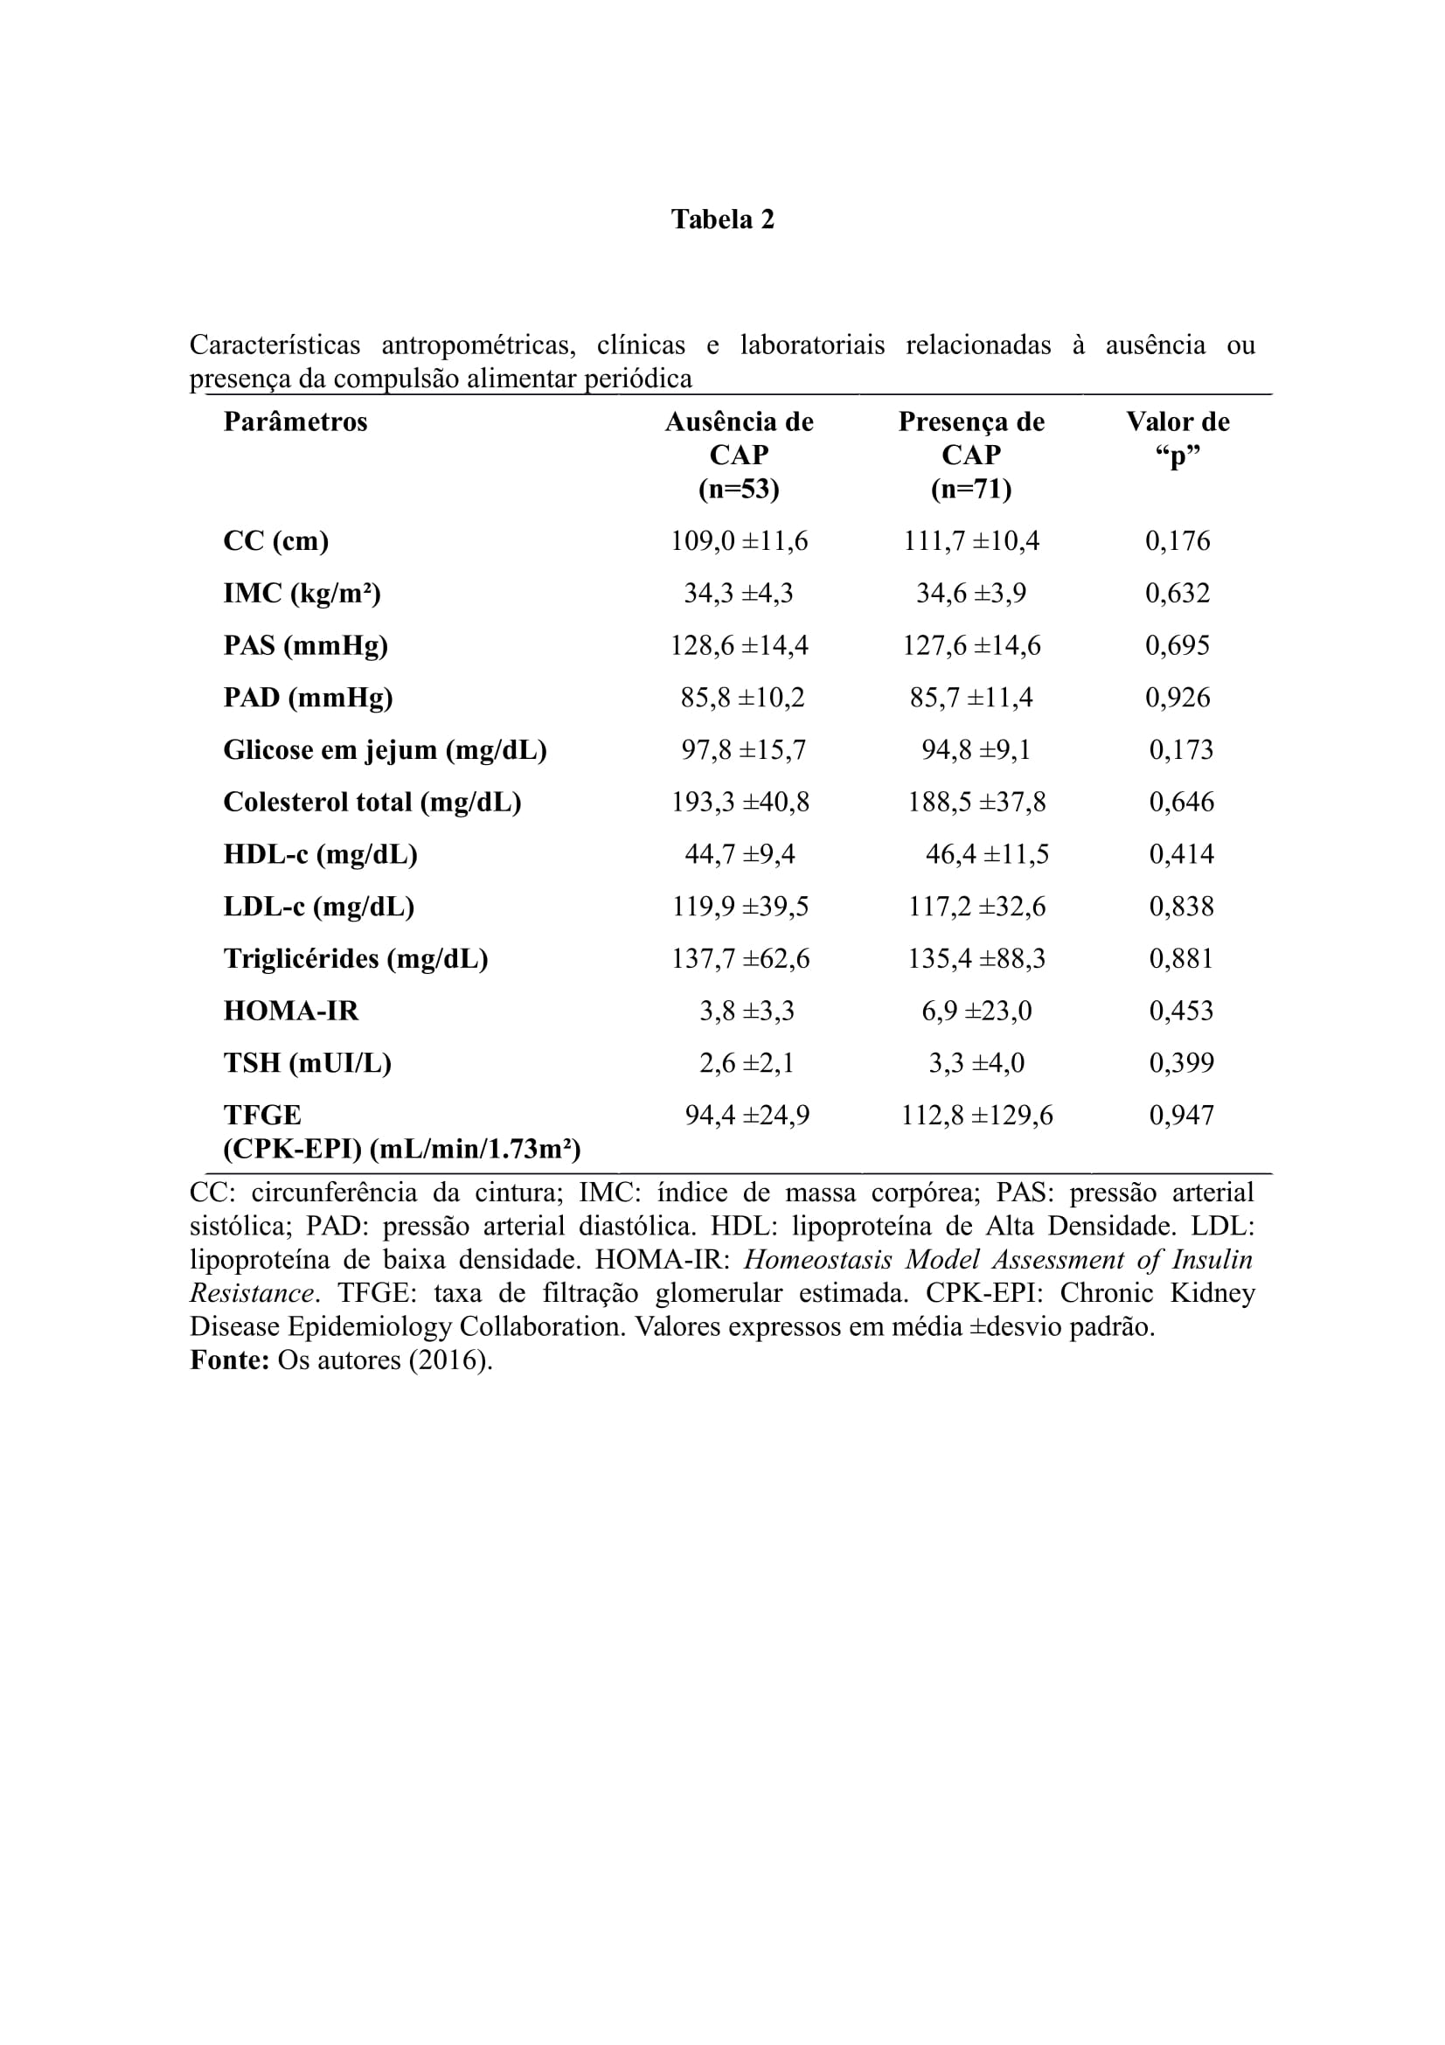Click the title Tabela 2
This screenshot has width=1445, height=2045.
point(722,219)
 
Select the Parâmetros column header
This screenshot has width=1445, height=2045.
point(295,421)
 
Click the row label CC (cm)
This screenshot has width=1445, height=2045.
point(276,540)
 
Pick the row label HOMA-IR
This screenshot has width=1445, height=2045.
point(291,1011)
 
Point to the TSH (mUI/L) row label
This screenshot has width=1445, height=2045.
point(307,1062)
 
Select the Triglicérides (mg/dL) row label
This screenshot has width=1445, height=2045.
point(355,958)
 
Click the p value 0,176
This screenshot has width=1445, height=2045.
point(1177,540)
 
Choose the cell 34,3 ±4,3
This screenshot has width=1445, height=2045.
point(738,593)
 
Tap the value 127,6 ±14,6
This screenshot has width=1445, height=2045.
point(971,645)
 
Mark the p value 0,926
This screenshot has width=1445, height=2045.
point(1177,697)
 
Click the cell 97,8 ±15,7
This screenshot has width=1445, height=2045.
point(743,749)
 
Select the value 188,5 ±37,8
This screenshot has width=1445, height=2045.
point(976,802)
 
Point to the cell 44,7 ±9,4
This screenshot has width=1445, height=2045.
point(739,854)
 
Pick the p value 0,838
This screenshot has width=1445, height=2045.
point(1182,906)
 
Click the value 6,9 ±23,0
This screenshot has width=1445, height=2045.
point(976,1011)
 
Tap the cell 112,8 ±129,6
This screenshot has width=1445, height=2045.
point(976,1115)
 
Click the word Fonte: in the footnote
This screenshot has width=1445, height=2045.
point(230,1360)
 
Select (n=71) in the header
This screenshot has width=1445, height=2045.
point(971,489)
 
